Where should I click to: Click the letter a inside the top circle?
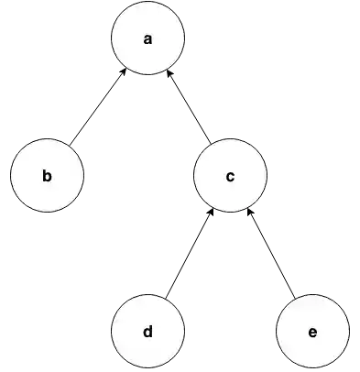click(147, 38)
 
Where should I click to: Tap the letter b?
click(47, 175)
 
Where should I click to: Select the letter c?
click(230, 175)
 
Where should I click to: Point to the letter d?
click(147, 331)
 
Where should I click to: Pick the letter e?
click(312, 331)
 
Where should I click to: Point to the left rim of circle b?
click(11, 175)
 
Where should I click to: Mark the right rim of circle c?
click(267, 175)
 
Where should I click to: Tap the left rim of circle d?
click(112, 331)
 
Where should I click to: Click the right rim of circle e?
click(349, 331)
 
